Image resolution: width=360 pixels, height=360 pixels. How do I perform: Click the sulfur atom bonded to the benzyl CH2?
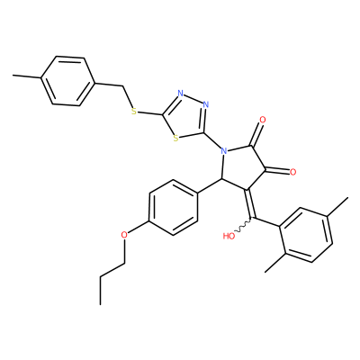tap(134, 112)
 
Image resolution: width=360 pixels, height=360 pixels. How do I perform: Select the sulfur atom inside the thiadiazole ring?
tap(176, 139)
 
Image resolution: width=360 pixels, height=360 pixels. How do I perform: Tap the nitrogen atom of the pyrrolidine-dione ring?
tap(223, 150)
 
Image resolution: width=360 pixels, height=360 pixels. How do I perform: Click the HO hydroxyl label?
tap(229, 236)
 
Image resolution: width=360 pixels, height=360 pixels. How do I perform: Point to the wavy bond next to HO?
tap(244, 227)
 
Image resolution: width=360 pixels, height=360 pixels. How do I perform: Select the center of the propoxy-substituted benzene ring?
tap(174, 207)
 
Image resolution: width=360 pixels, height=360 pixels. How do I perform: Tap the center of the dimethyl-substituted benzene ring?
tap(307, 235)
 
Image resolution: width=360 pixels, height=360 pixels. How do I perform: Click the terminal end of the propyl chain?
tap(100, 304)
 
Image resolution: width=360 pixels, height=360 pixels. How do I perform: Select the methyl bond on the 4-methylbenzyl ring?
tap(27, 76)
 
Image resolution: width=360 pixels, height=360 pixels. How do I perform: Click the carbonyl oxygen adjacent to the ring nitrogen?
tap(263, 120)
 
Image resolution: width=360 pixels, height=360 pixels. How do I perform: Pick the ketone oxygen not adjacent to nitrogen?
tap(292, 172)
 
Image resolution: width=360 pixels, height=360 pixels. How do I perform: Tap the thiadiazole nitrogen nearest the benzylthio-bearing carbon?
tap(180, 94)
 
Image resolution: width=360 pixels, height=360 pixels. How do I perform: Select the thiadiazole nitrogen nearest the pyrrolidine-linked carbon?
tap(205, 104)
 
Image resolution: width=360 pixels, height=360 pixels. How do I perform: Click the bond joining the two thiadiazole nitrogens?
tap(193, 99)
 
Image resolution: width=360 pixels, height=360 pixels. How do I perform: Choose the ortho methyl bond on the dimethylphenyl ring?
tap(274, 263)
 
